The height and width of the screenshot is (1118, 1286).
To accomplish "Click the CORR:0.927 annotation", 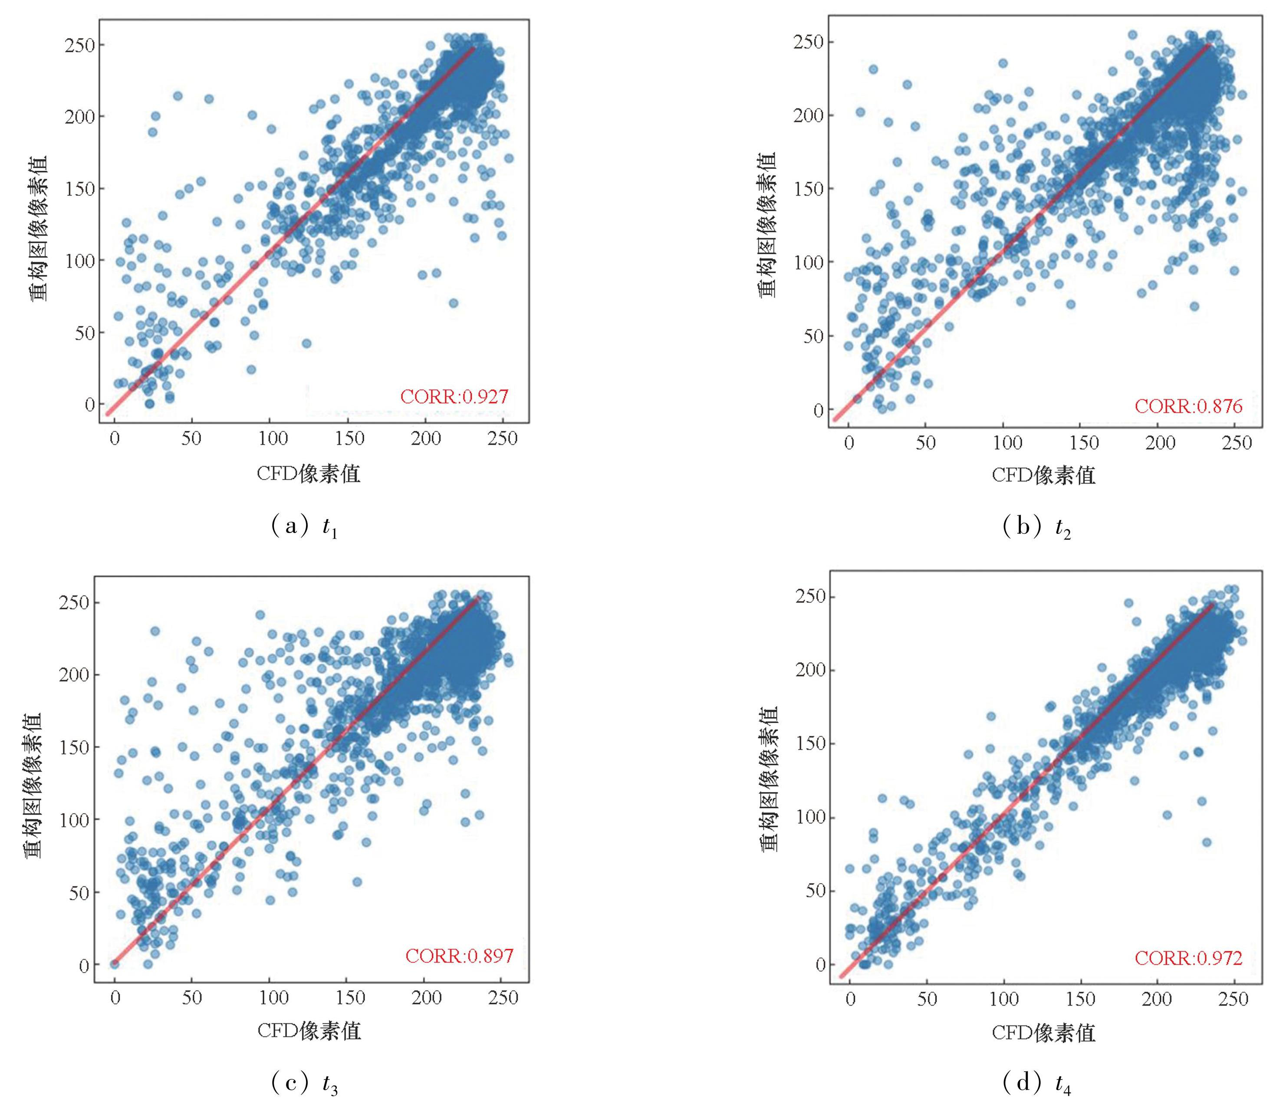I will click(454, 397).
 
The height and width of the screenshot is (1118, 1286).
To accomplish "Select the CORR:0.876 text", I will click(1189, 406).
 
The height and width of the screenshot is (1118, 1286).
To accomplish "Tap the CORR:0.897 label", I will click(459, 956).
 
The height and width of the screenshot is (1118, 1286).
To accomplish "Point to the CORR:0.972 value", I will click(1189, 958).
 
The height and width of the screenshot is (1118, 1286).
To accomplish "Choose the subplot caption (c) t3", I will click(305, 1084).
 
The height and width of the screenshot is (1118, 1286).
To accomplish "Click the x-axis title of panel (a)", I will click(308, 474).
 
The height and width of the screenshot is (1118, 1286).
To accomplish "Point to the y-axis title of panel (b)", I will click(768, 225).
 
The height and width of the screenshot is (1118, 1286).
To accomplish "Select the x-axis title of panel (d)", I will click(1043, 1033).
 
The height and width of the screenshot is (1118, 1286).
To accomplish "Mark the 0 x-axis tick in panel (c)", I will click(115, 998).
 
